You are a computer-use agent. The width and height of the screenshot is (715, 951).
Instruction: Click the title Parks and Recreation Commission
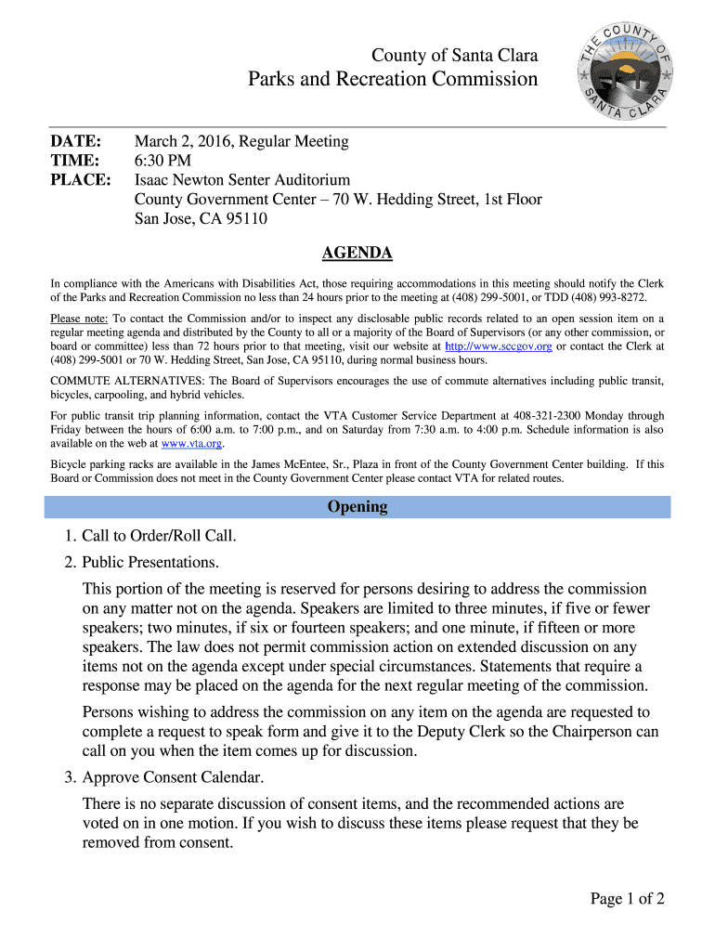click(x=393, y=79)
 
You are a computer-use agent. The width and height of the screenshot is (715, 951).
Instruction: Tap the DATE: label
click(x=75, y=142)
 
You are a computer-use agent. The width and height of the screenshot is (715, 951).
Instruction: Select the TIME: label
click(x=75, y=161)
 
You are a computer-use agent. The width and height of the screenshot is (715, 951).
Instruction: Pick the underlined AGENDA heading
click(x=357, y=254)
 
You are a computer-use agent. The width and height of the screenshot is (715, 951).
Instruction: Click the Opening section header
click(x=357, y=507)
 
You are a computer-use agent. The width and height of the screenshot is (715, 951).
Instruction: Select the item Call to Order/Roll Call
click(x=159, y=536)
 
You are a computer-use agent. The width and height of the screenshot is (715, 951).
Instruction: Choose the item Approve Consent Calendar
click(x=173, y=777)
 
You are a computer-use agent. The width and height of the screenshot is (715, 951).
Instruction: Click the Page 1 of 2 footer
click(x=628, y=898)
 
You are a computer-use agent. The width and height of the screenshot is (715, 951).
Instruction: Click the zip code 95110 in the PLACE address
click(x=242, y=219)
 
